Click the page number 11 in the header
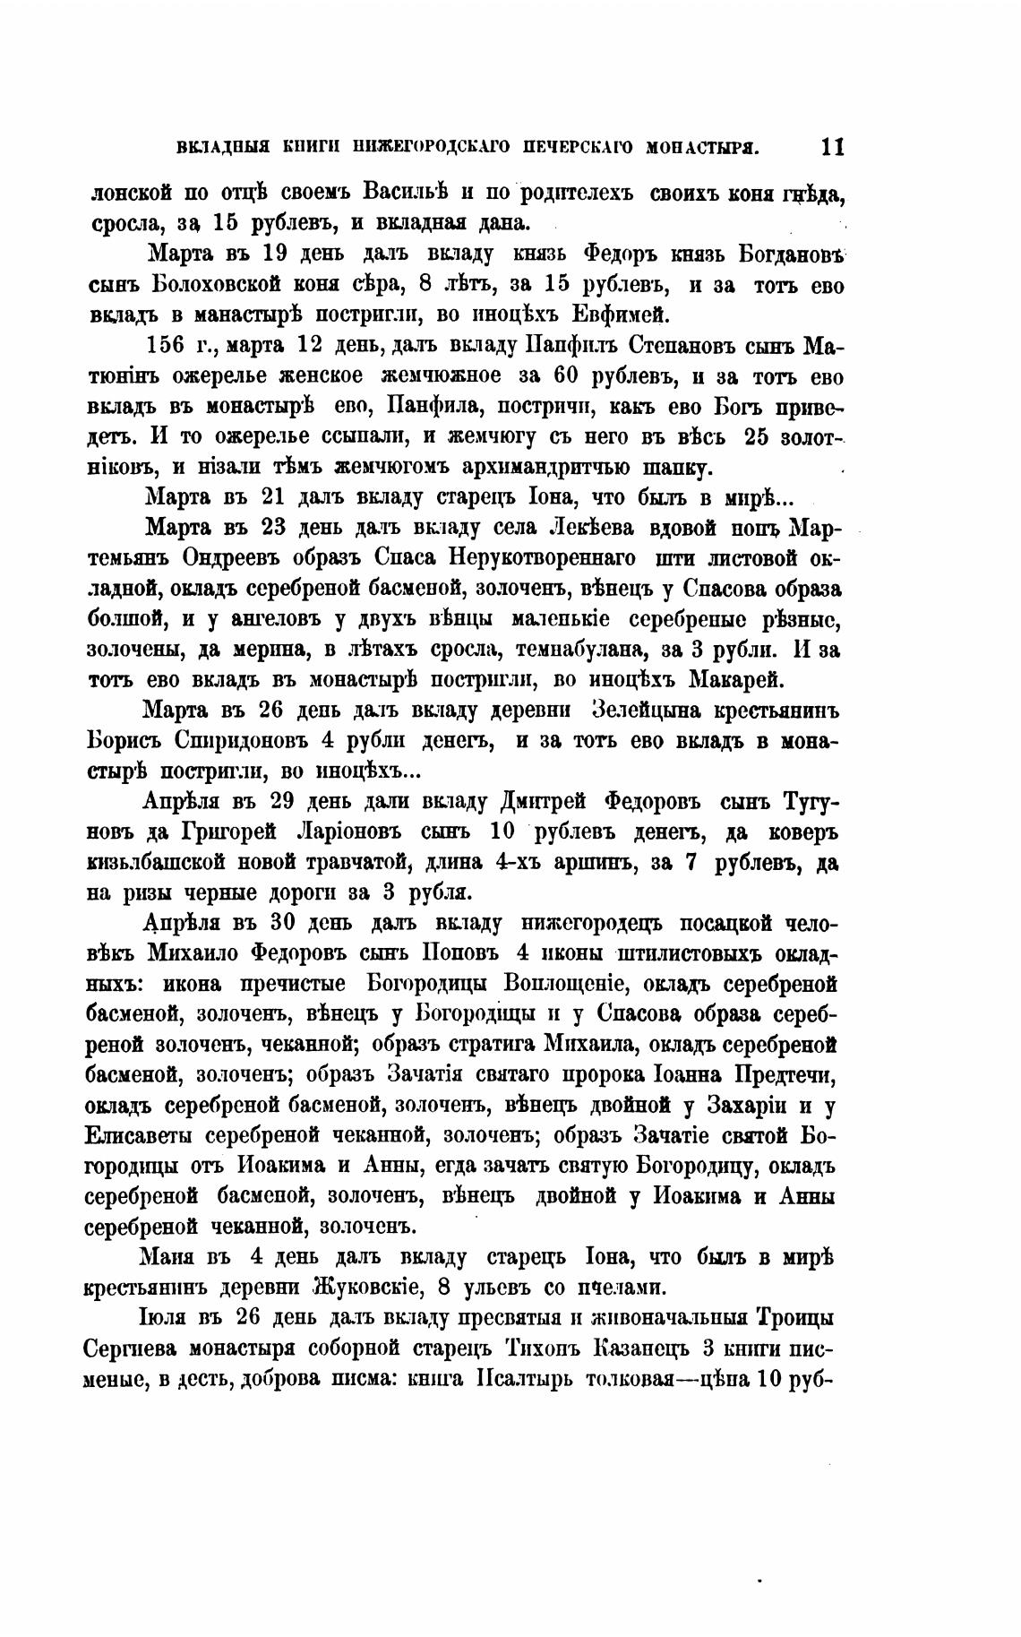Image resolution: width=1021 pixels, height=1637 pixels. click(832, 147)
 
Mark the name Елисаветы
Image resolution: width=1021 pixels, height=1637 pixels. click(142, 1135)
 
